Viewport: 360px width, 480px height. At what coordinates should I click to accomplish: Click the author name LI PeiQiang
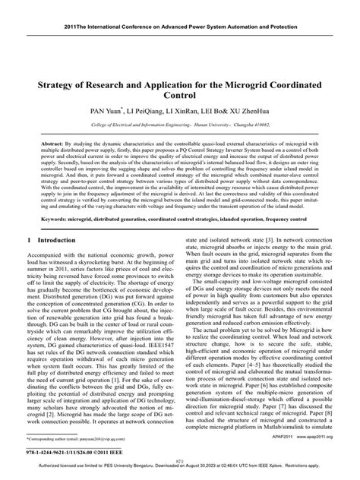156,110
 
